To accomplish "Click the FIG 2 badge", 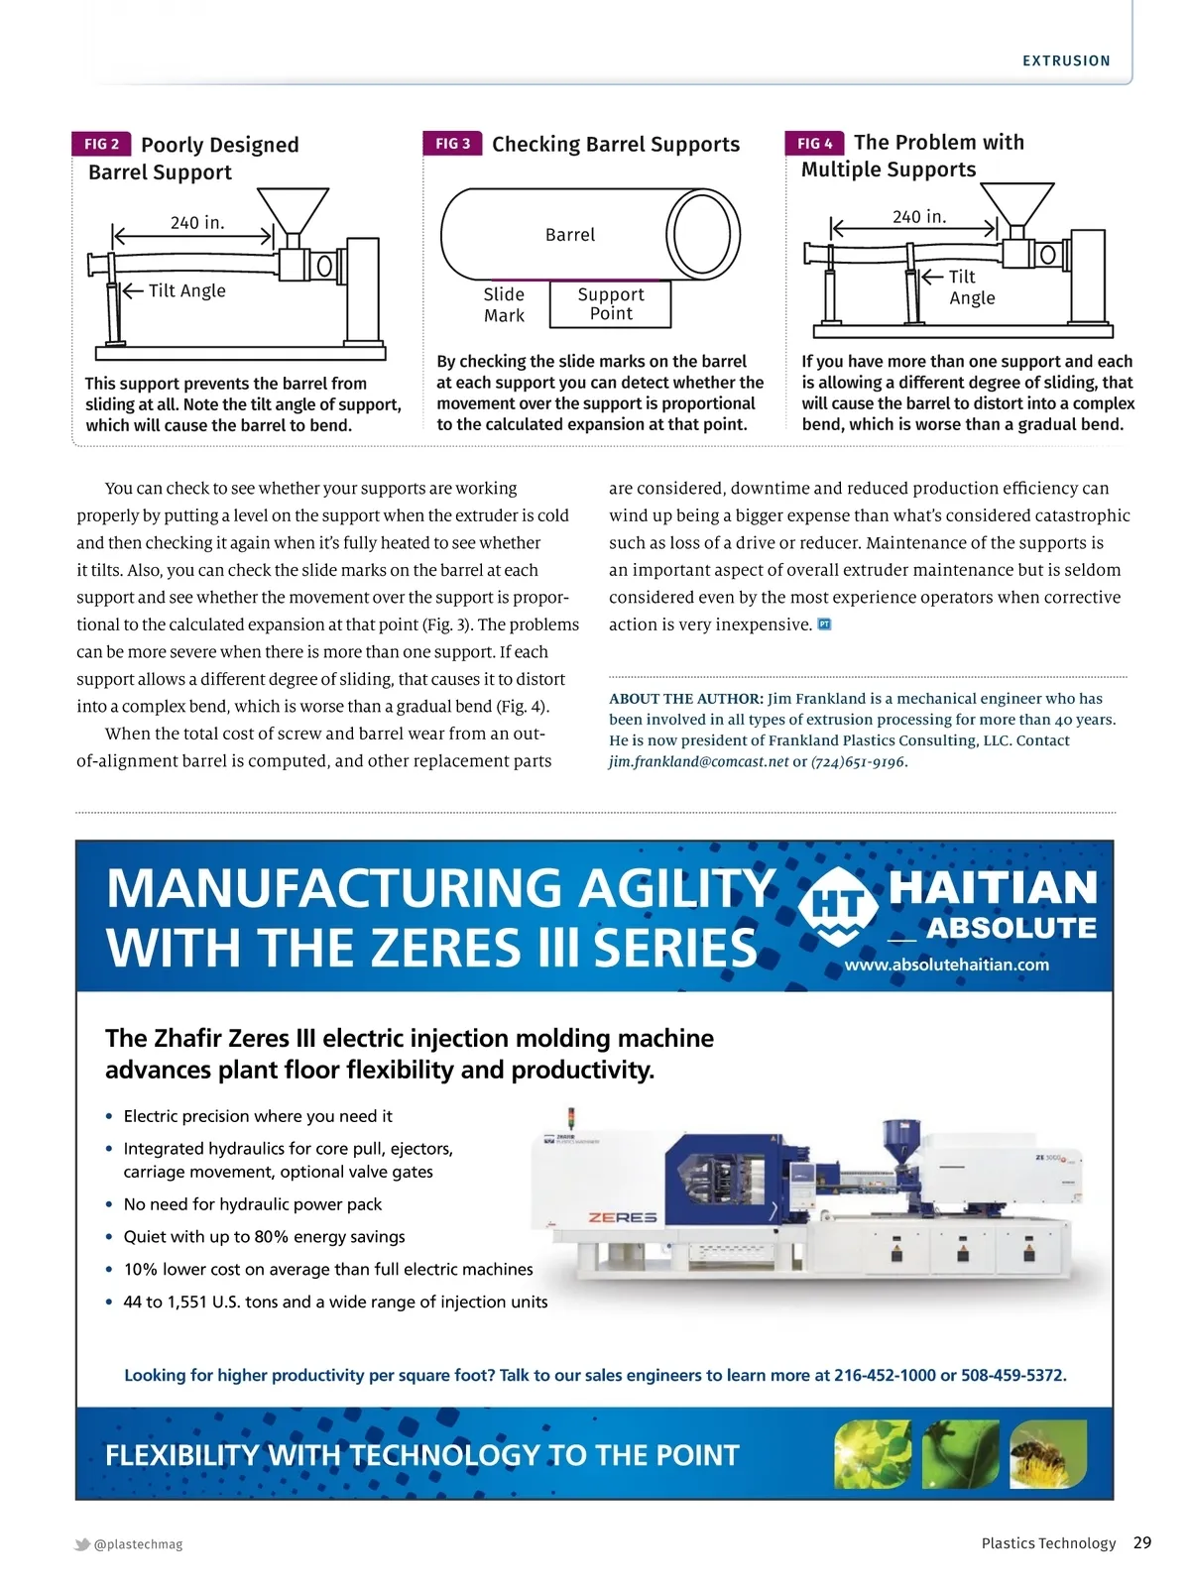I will [x=101, y=144].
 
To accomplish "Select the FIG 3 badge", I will [x=452, y=144].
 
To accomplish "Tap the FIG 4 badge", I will [x=814, y=143].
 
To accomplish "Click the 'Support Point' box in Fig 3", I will [x=611, y=304].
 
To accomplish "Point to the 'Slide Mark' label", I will [x=504, y=304].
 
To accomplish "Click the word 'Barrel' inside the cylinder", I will [x=570, y=235].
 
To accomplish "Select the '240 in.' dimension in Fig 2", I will [x=197, y=223].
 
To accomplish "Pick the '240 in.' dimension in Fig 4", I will [x=919, y=217].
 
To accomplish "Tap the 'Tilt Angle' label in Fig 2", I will [x=186, y=290].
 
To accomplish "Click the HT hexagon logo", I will [x=838, y=905].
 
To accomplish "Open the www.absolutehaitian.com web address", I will [x=946, y=964].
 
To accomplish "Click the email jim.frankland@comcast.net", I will [x=698, y=762].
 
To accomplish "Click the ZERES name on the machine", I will [x=623, y=1217].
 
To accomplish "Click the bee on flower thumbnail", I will [x=1046, y=1454].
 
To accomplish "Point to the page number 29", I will [x=1142, y=1542].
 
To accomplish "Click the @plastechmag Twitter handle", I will [x=138, y=1544].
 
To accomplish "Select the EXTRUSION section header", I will [x=1066, y=60].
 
